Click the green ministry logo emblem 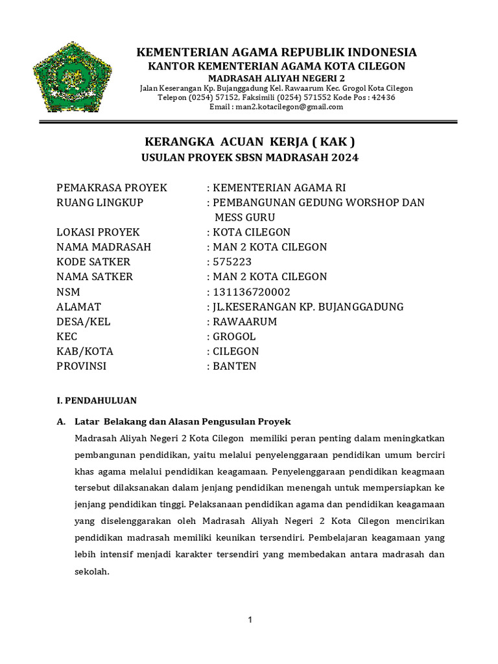(72, 77)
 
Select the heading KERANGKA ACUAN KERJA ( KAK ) (249, 142)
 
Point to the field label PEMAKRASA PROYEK (112, 187)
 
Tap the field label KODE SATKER (93, 262)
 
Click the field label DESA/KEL (84, 322)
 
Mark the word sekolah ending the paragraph (93, 572)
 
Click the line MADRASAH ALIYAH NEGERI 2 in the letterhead (276, 78)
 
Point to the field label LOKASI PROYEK (98, 232)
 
